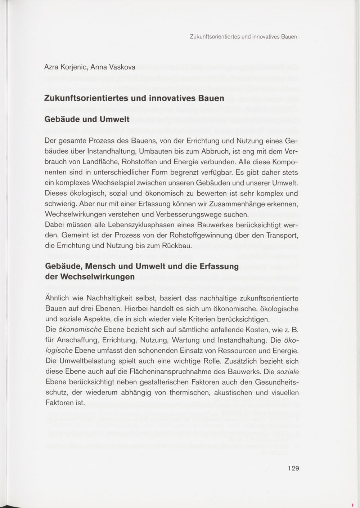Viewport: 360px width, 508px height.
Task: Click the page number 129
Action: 293,468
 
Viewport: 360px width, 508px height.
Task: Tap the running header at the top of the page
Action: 243,37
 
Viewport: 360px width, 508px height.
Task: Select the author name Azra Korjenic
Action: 65,67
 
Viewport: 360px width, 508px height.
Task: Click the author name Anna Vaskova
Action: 113,67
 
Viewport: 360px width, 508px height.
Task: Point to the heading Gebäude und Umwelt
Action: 87,119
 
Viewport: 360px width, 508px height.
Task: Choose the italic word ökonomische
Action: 80,330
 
